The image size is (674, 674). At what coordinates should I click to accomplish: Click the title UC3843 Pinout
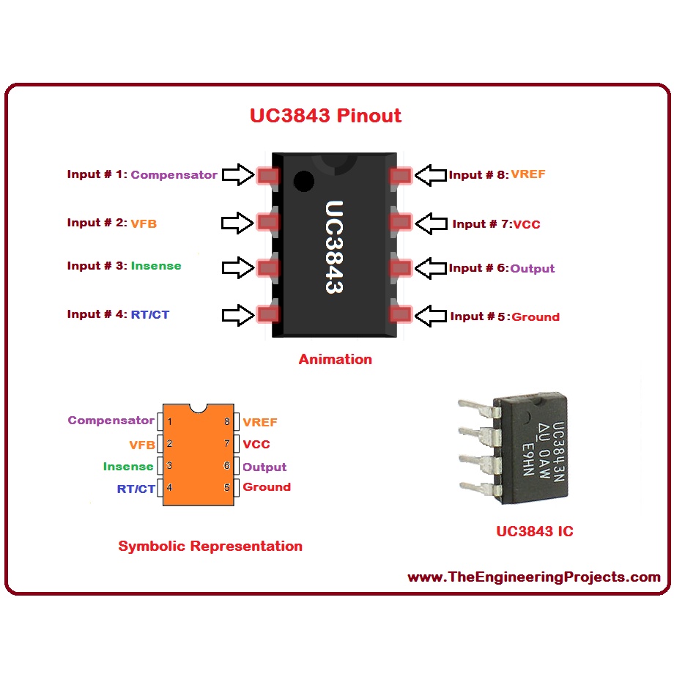tap(325, 116)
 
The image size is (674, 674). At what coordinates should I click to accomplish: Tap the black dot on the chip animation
tap(304, 181)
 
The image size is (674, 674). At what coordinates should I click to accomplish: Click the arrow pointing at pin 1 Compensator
tap(238, 174)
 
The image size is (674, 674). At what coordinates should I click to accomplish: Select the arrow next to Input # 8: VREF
tap(431, 175)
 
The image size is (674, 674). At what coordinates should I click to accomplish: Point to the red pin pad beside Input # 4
tap(268, 314)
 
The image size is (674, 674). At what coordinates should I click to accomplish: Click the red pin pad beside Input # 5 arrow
tap(401, 314)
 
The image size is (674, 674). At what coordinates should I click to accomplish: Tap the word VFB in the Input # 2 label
tap(144, 223)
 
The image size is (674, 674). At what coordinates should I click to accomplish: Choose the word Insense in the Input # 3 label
tap(156, 266)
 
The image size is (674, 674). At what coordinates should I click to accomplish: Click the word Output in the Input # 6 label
tap(532, 269)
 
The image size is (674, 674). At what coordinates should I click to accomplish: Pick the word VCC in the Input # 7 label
tap(527, 224)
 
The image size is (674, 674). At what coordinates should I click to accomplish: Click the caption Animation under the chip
tap(336, 360)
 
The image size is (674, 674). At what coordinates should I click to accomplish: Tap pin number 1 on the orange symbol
tap(170, 422)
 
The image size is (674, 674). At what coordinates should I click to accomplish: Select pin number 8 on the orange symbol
tap(227, 422)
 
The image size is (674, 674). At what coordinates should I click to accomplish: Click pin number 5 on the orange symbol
tap(227, 487)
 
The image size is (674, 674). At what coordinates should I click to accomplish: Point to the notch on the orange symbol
tap(198, 408)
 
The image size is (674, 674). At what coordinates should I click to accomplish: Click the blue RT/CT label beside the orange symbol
tap(136, 489)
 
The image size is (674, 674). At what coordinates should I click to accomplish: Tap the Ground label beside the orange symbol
tap(267, 487)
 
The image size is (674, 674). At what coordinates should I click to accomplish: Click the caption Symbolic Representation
tap(210, 546)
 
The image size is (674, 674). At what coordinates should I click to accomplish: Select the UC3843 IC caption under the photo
tap(535, 531)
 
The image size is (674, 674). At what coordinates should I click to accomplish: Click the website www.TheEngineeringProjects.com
tap(534, 577)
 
